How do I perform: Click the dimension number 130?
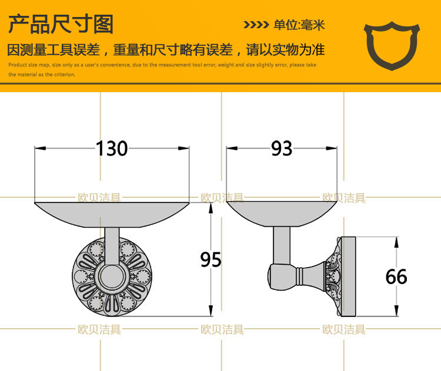112,149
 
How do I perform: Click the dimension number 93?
282,149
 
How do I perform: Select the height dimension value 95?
211,259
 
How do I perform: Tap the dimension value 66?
396,276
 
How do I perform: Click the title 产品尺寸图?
61,25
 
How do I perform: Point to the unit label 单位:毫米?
299,25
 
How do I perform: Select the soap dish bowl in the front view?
112,214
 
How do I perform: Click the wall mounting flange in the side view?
347,275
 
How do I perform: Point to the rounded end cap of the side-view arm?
274,275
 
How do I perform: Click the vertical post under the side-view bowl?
281,246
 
